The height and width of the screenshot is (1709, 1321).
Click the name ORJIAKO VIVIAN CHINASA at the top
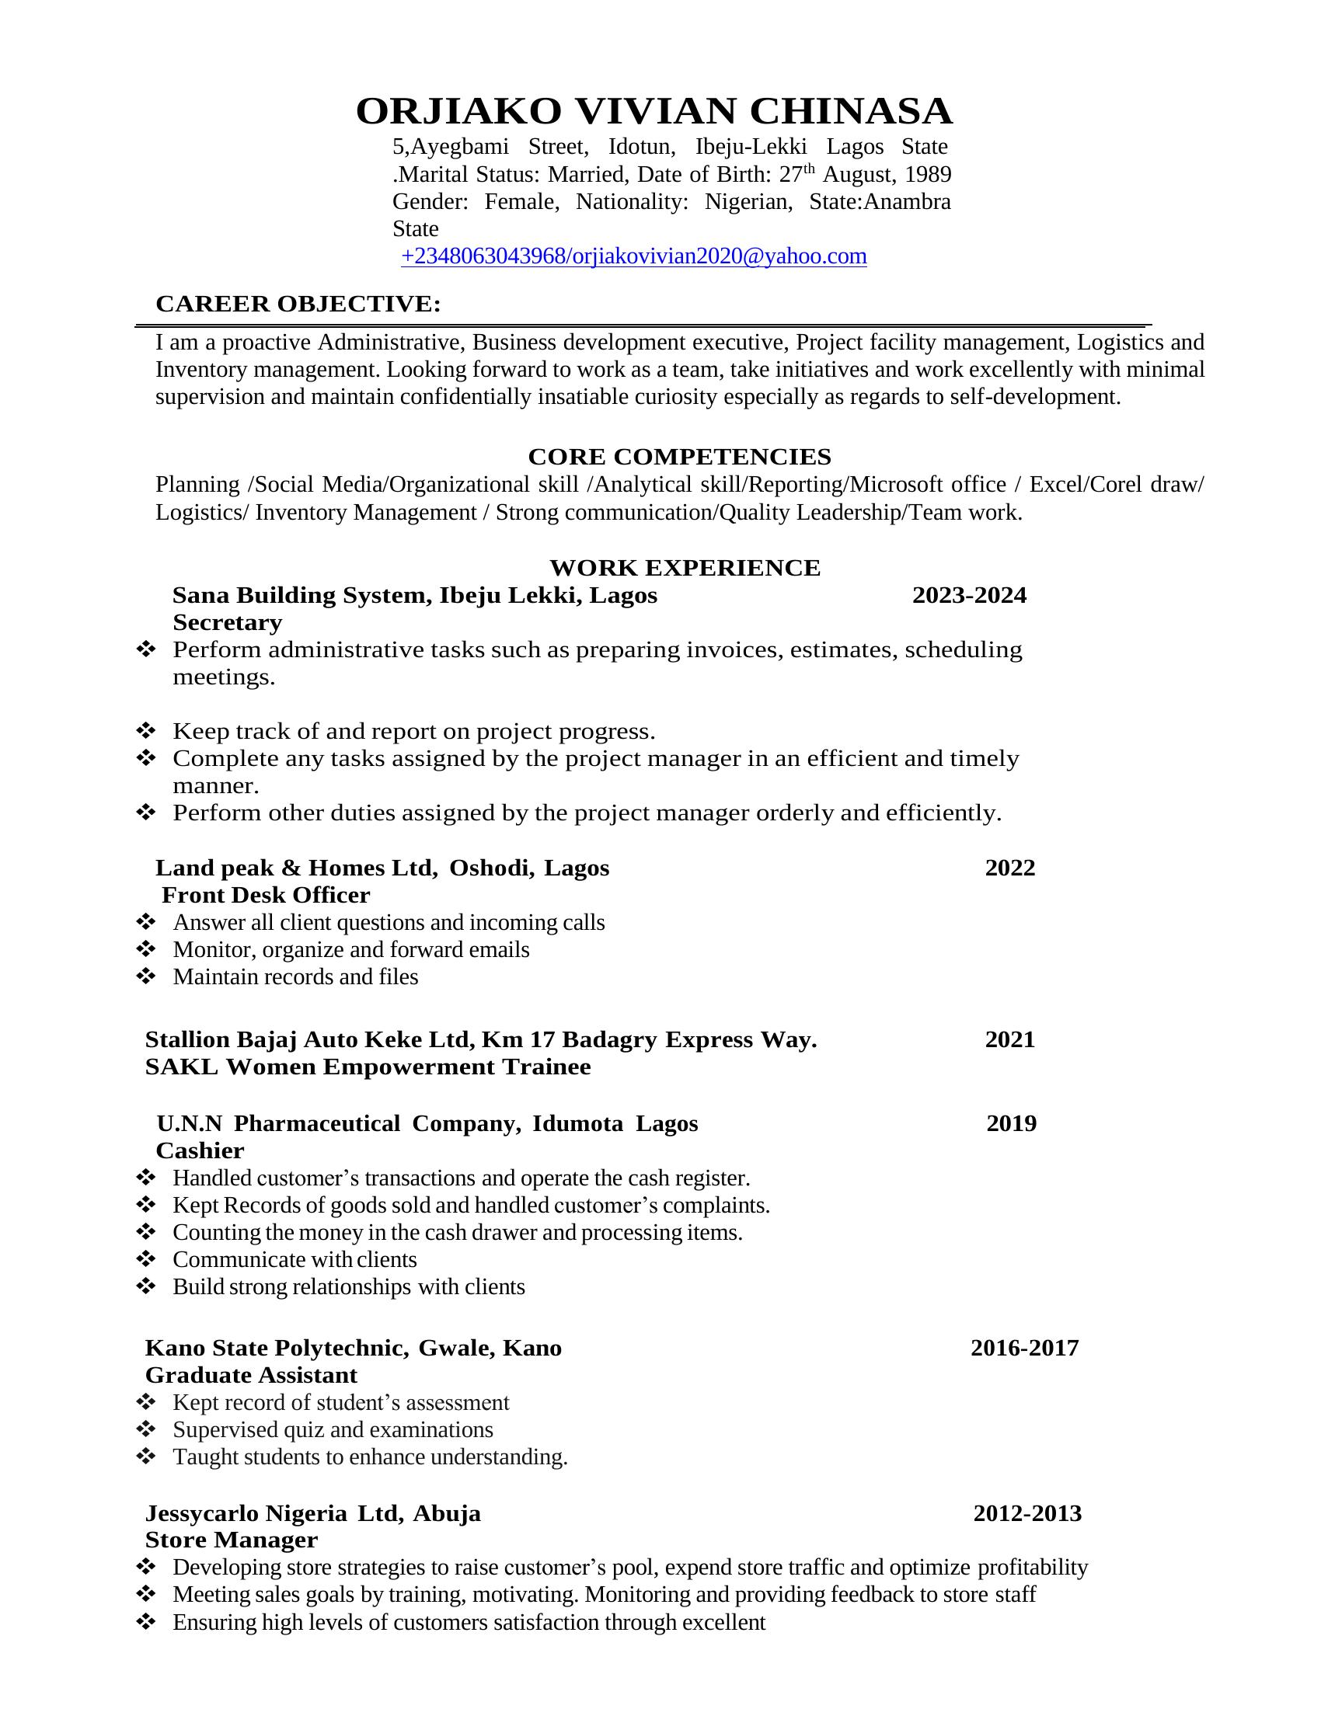tap(654, 111)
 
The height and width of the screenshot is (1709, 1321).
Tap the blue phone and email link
tap(633, 256)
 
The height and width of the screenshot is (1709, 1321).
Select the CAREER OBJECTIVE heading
tap(298, 304)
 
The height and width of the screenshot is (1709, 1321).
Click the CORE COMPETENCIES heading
tap(679, 456)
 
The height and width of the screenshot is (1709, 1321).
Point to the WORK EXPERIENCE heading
tap(685, 567)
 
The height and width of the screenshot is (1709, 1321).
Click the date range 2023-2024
tap(969, 596)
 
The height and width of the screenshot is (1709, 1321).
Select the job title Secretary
tap(227, 623)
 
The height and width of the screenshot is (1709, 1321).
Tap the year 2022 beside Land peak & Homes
tap(1009, 868)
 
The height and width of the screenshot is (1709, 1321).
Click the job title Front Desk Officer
tap(265, 895)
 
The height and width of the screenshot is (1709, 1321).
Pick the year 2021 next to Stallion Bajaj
tap(1009, 1039)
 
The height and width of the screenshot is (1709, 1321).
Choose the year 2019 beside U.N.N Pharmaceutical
tap(1011, 1124)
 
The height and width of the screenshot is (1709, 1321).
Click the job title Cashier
tap(200, 1150)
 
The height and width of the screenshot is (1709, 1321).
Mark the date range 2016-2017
tap(1024, 1348)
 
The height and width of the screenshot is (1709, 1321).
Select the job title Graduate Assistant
tap(250, 1375)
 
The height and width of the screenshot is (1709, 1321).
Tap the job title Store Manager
tap(231, 1540)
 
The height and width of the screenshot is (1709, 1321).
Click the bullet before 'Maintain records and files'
tap(146, 976)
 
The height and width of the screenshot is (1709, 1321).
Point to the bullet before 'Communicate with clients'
tap(146, 1259)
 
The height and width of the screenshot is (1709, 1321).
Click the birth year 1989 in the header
tap(927, 175)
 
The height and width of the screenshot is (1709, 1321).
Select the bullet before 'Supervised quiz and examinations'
tap(146, 1429)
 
